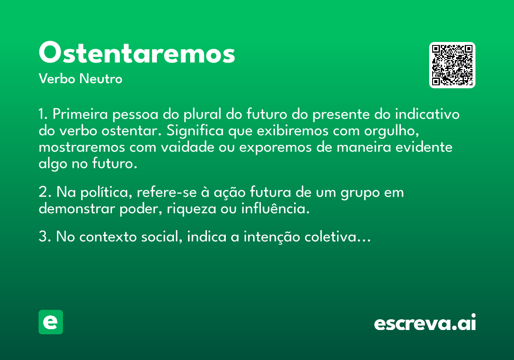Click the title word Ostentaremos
[x=137, y=52]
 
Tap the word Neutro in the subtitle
[x=101, y=79]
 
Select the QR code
[x=452, y=65]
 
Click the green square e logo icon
[x=51, y=322]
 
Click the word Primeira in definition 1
[x=80, y=114]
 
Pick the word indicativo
[x=427, y=114]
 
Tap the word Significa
[x=195, y=131]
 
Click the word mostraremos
[x=82, y=147]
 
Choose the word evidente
[x=424, y=147]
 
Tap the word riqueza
[x=191, y=210]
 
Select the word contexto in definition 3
[x=108, y=237]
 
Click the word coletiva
[x=331, y=236]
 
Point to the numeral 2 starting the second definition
[x=43, y=192]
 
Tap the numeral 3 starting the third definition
[x=43, y=236]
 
